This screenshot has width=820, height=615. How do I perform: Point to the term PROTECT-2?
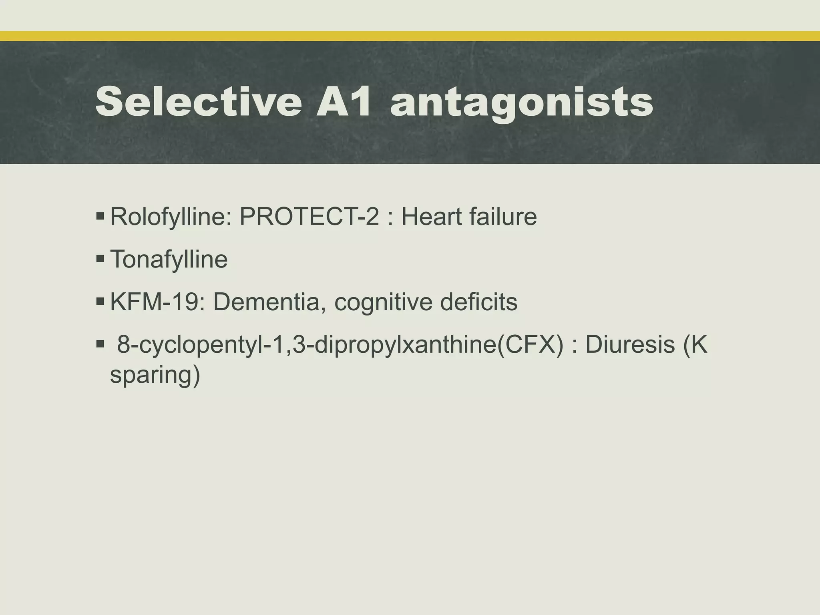coord(309,217)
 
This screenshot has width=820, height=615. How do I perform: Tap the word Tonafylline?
coord(169,259)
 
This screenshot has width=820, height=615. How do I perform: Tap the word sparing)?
coord(155,376)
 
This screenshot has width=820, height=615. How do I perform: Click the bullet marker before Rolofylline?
coord(100,217)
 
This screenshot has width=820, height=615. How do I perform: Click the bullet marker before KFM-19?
coord(100,301)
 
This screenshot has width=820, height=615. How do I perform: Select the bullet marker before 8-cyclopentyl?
coord(100,344)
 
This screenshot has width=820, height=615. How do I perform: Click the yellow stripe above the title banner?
coord(410,36)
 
